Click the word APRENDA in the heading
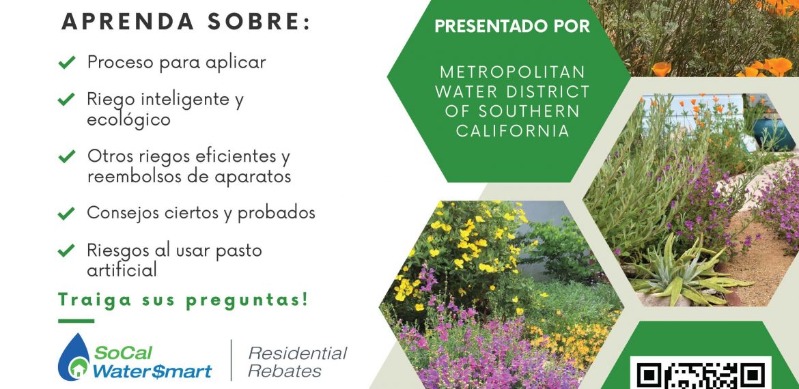[128, 21]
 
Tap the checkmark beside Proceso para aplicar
[67, 63]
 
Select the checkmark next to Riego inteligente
[67, 99]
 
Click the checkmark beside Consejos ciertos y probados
[67, 214]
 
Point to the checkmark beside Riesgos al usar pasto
[67, 250]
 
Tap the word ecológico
[128, 121]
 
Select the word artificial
[122, 270]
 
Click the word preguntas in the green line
[247, 300]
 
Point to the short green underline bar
[76, 321]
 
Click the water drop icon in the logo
[74, 358]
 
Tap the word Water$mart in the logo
[152, 371]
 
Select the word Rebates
[284, 371]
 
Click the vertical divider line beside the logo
[232, 360]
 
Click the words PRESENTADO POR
[512, 27]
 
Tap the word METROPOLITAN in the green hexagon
[512, 72]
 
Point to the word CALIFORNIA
[513, 131]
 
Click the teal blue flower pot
[773, 134]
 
